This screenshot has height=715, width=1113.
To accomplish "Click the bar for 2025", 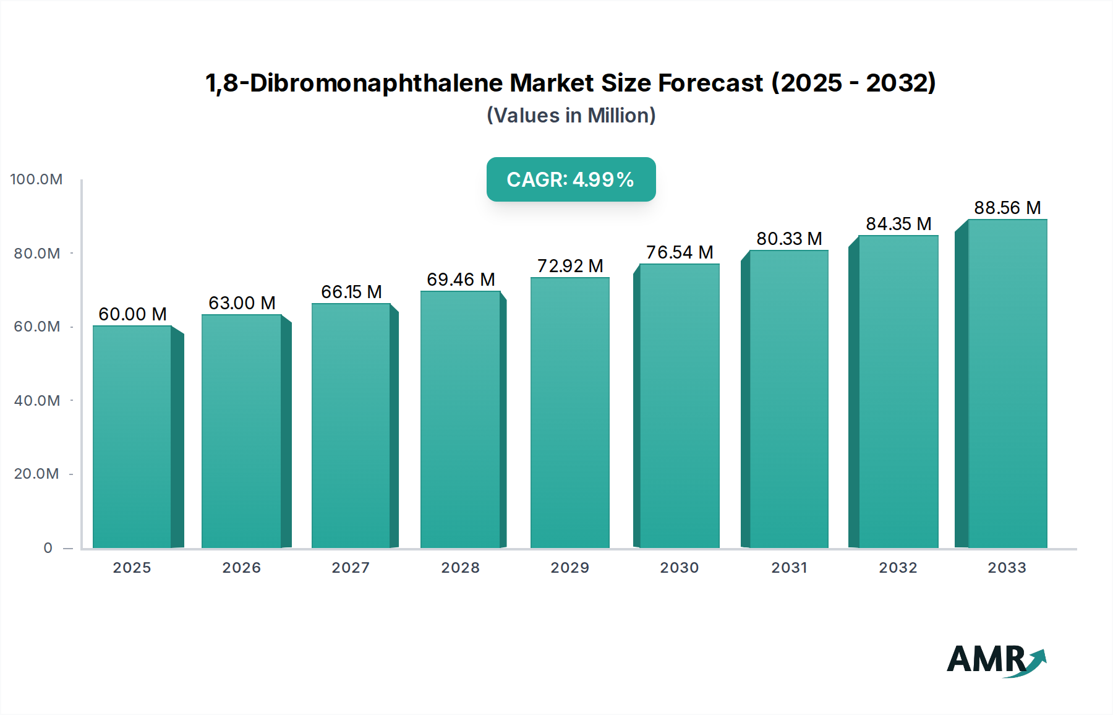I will pyautogui.click(x=132, y=436).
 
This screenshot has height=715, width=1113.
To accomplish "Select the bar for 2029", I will pyautogui.click(x=569, y=413).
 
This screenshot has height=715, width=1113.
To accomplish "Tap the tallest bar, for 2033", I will pyautogui.click(x=1007, y=383).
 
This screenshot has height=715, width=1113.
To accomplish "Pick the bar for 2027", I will pyautogui.click(x=351, y=426).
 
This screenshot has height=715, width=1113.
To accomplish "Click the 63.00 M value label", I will pyautogui.click(x=242, y=303).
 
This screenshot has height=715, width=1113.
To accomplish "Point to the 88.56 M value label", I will pyautogui.click(x=1007, y=208).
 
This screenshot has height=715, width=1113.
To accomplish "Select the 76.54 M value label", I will pyautogui.click(x=680, y=252).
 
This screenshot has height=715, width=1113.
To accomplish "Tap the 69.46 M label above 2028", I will pyautogui.click(x=461, y=280).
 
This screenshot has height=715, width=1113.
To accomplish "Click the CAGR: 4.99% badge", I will pyautogui.click(x=571, y=179).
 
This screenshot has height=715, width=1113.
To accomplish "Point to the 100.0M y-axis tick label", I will pyautogui.click(x=36, y=179).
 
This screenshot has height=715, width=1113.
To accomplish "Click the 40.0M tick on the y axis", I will pyautogui.click(x=37, y=401).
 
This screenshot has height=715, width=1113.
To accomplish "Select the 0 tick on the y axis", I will pyautogui.click(x=48, y=548).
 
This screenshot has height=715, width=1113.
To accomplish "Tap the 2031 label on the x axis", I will pyautogui.click(x=789, y=568).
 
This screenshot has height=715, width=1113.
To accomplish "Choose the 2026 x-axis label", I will pyautogui.click(x=242, y=568).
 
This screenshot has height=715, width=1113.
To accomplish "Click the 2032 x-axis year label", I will pyautogui.click(x=898, y=568).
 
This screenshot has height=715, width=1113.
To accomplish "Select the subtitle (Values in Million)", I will pyautogui.click(x=571, y=116).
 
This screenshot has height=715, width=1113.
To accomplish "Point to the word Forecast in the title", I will pyautogui.click(x=710, y=83).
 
